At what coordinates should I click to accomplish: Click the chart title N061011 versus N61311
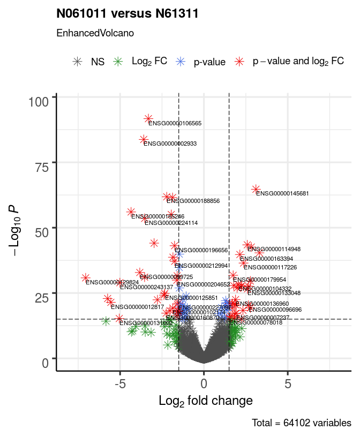pyautogui.click(x=127, y=14)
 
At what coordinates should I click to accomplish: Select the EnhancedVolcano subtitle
pyautogui.click(x=95, y=33)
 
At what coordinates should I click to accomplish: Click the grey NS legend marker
pyautogui.click(x=78, y=62)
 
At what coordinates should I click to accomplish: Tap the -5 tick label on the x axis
pyautogui.click(x=120, y=383)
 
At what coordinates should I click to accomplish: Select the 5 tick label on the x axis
pyautogui.click(x=288, y=383)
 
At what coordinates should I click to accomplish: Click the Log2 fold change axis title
pyautogui.click(x=206, y=401)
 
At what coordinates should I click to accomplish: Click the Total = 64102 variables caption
pyautogui.click(x=302, y=424)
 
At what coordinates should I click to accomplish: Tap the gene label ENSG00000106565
pyautogui.click(x=175, y=123)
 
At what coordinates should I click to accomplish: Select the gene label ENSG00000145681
pyautogui.click(x=282, y=193)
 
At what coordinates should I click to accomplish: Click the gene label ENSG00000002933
pyautogui.click(x=170, y=144)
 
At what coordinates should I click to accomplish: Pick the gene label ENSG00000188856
pyautogui.click(x=193, y=201)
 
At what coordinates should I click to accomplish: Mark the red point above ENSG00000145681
pyautogui.click(x=256, y=189)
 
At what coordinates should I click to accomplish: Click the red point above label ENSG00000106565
pyautogui.click(x=148, y=118)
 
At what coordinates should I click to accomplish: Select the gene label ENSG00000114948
pyautogui.click(x=274, y=249)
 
